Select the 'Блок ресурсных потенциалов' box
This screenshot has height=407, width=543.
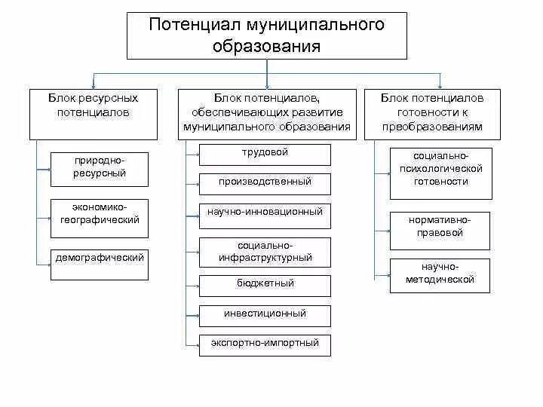tap(94, 113)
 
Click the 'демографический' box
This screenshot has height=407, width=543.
tap(100, 264)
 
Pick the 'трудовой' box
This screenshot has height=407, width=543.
tap(265, 154)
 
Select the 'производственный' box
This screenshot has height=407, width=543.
tap(265, 183)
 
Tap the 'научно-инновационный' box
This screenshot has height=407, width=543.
tap(265, 213)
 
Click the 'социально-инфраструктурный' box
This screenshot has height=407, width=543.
tap(265, 252)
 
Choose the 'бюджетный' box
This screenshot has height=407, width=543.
tap(265, 285)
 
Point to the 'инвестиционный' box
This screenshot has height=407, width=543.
tap(265, 314)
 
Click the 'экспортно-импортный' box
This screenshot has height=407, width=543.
tap(265, 344)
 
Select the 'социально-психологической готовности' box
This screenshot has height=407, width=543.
tap(440, 173)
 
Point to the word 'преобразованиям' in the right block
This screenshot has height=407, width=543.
tap(432, 127)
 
